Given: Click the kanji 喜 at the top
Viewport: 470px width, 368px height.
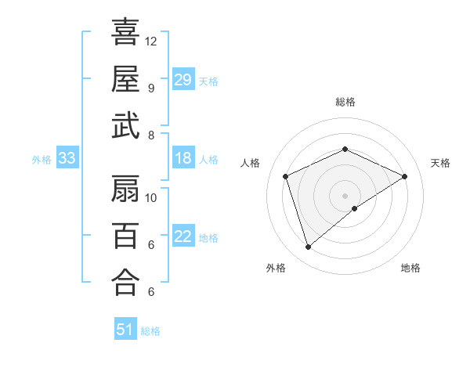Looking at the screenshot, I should pos(125,33).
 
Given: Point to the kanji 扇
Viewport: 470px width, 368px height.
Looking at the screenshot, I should pos(125,189).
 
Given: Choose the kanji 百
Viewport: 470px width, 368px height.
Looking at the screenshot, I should pos(125,235).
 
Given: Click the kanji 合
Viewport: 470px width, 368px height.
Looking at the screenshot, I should pos(125,282).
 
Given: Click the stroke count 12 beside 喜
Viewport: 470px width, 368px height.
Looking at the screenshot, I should pos(151,41).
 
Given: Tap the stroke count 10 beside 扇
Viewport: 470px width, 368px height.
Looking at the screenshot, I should pos(151,197).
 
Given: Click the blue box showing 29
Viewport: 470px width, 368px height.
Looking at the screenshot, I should pos(183,80).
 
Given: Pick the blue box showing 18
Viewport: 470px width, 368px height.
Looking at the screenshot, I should pos(183,159).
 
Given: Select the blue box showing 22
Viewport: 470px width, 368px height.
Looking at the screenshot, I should pos(183,237).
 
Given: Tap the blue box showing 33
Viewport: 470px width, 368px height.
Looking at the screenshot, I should pos(67,159).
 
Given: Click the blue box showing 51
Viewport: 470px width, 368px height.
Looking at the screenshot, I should pos(125,330).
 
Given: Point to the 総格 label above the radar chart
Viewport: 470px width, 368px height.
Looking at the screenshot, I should pos(345,102).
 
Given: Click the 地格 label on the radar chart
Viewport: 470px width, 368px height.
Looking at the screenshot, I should pos(410,268).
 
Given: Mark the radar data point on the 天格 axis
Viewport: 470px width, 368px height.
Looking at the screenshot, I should pos(404,177).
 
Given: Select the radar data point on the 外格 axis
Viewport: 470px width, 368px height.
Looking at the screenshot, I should pos(308,247).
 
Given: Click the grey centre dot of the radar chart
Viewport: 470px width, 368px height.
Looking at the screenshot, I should pos(345,195).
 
